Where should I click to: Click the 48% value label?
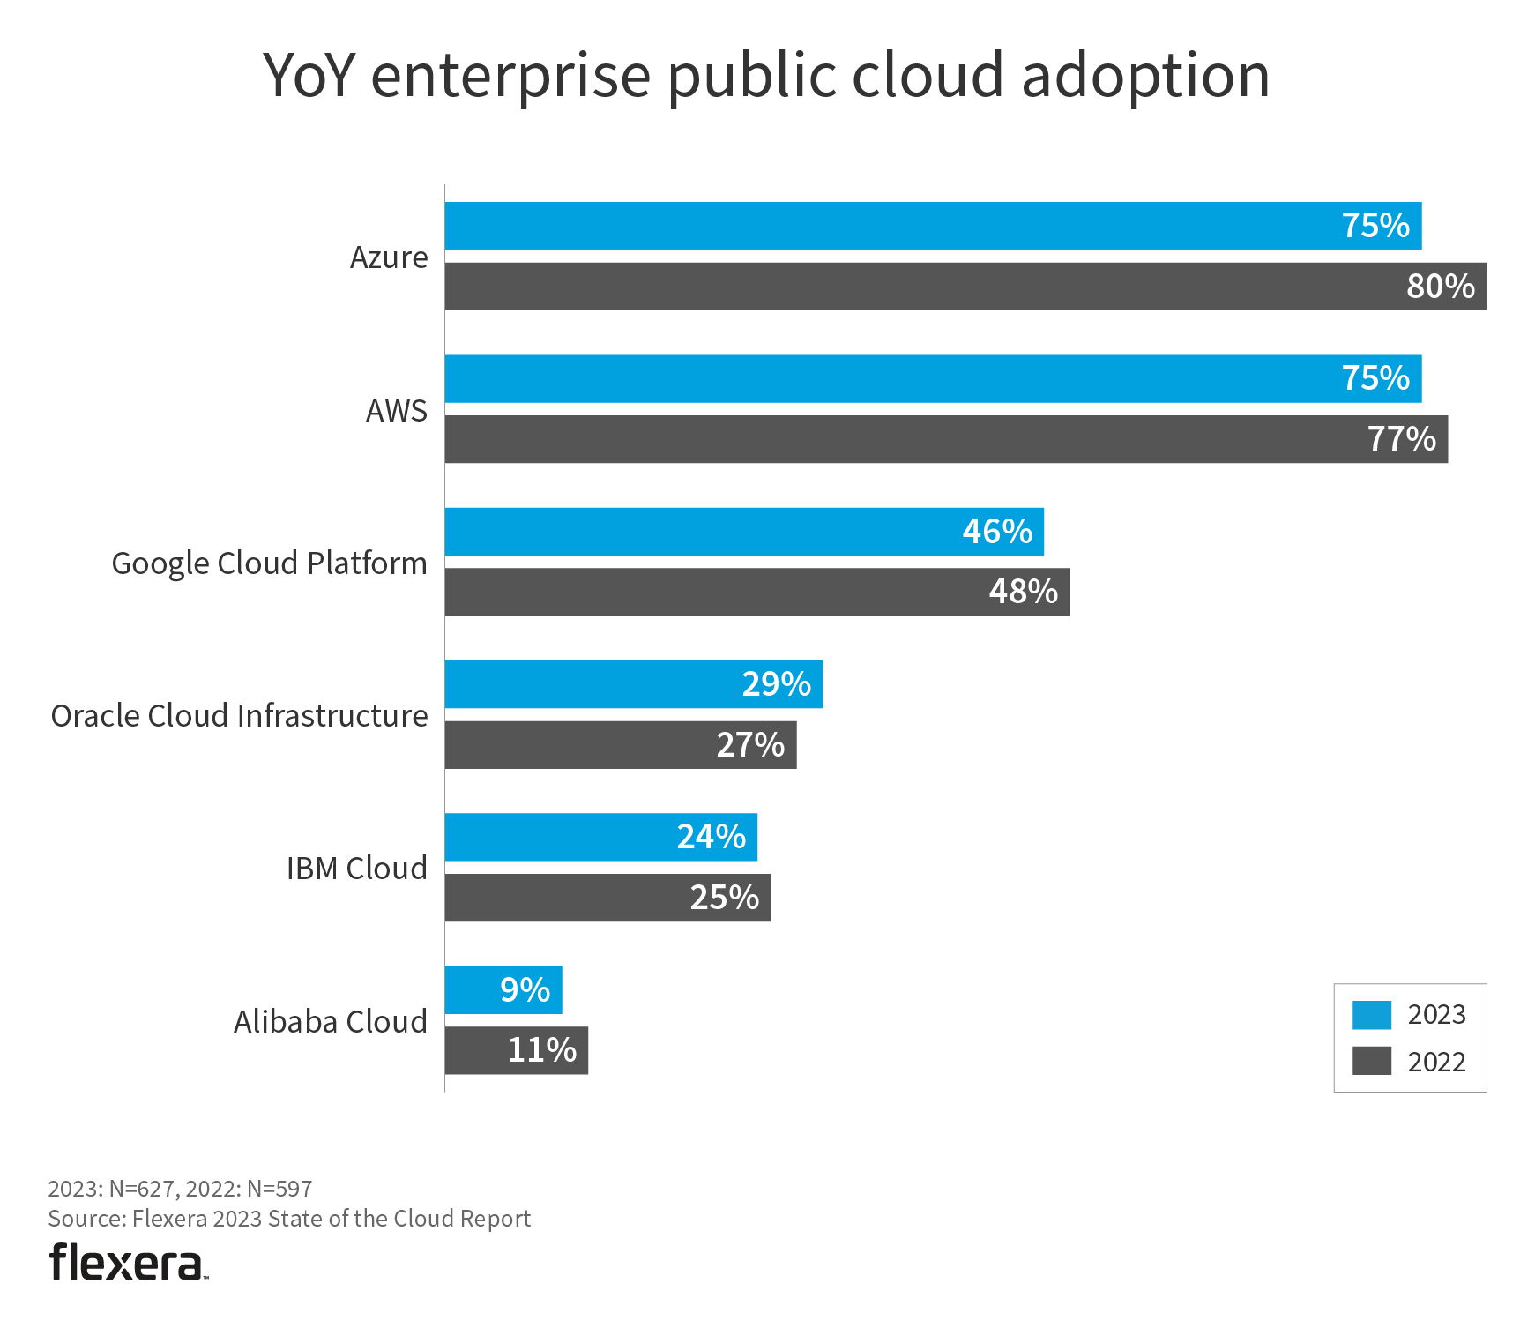1023,592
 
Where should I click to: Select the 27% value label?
750,745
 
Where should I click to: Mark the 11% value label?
541,1050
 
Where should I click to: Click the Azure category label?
389,257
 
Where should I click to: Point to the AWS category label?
397,411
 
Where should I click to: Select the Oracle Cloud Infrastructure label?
239,716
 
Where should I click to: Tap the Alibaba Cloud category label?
331,1022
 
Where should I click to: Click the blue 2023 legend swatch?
1372,1015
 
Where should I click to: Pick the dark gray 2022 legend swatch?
1372,1061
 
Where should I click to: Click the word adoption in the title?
1145,77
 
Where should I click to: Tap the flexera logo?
128,1263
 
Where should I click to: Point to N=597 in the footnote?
279,1189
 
